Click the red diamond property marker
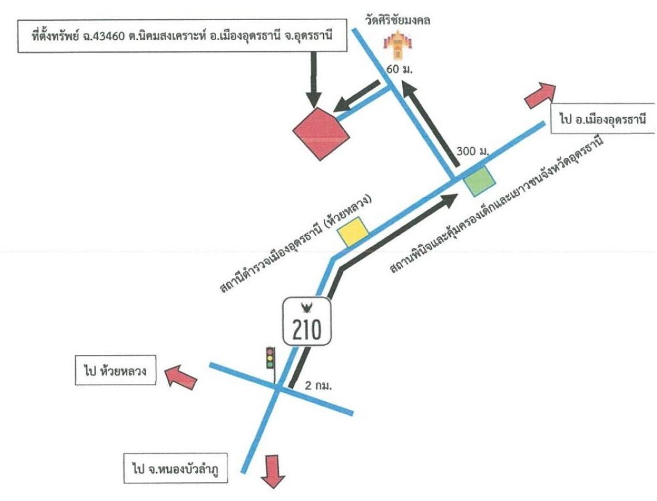(x=321, y=134)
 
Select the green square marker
(x=480, y=182)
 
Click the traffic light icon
(x=271, y=358)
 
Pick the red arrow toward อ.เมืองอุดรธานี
(x=539, y=96)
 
